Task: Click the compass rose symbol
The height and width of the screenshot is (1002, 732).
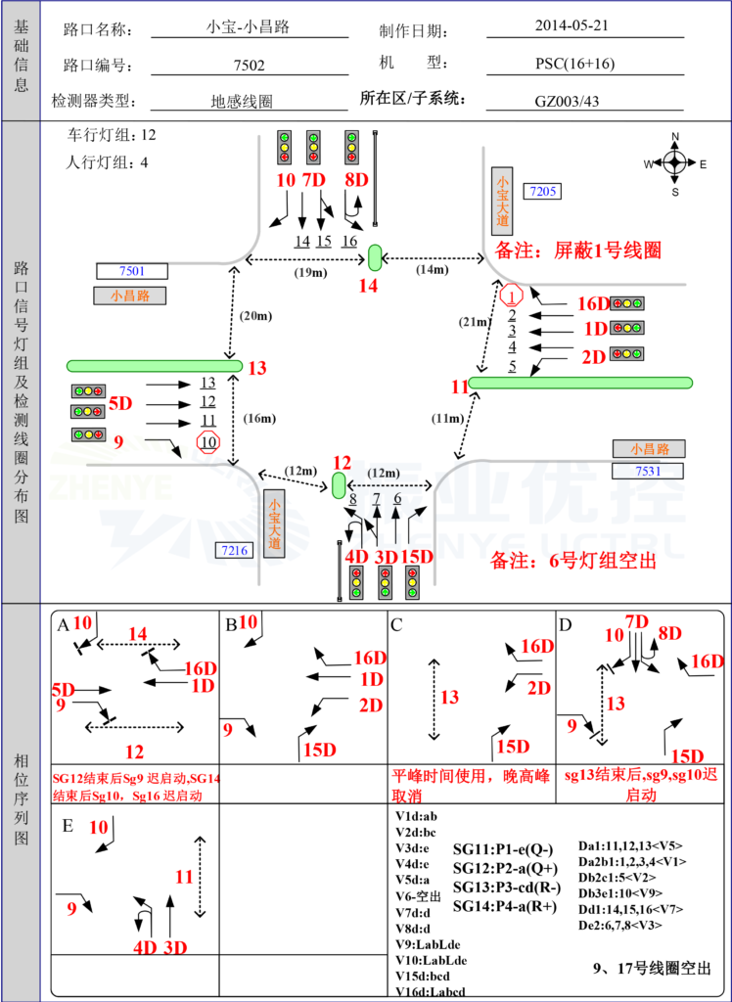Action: pyautogui.click(x=674, y=163)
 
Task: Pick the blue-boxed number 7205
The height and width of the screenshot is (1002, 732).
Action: pyautogui.click(x=543, y=192)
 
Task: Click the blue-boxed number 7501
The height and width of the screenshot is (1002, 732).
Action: pyautogui.click(x=132, y=271)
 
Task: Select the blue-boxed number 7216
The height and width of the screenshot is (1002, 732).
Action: pyautogui.click(x=234, y=550)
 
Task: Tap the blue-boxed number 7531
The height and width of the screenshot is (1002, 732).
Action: pyautogui.click(x=647, y=472)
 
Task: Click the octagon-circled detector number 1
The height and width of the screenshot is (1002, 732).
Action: pyautogui.click(x=512, y=294)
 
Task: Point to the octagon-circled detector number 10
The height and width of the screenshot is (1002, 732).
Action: pyautogui.click(x=208, y=442)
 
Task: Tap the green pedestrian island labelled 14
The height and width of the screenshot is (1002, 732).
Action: pyautogui.click(x=374, y=258)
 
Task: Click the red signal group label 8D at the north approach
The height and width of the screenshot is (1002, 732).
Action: pyautogui.click(x=357, y=180)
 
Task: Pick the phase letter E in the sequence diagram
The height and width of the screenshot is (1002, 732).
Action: pyautogui.click(x=68, y=826)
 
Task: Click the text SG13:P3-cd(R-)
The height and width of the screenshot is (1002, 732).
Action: pyautogui.click(x=507, y=888)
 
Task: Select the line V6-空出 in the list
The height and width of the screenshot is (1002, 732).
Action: pyautogui.click(x=418, y=895)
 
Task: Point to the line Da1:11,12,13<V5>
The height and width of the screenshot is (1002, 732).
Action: pyautogui.click(x=630, y=845)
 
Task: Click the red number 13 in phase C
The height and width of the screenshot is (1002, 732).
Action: pyautogui.click(x=449, y=698)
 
